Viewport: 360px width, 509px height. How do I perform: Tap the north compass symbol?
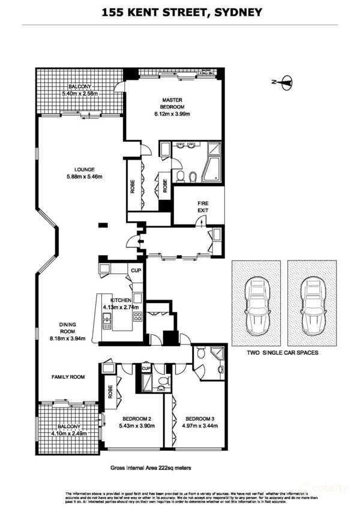pos(284,82)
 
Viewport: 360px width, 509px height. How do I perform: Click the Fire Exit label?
pos(203,207)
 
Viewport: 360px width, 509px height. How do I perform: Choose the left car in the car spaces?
pos(257,306)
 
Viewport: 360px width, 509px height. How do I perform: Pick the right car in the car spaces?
pos(313,306)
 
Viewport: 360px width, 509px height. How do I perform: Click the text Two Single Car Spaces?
pos(283,353)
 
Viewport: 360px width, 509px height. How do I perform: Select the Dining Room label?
pos(67,328)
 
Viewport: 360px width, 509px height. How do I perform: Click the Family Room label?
pos(67,377)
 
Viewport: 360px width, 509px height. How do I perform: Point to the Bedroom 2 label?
pos(137,418)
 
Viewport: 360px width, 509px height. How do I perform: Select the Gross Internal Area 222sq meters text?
pos(151,467)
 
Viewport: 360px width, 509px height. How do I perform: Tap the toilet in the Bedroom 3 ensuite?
pos(206,357)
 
